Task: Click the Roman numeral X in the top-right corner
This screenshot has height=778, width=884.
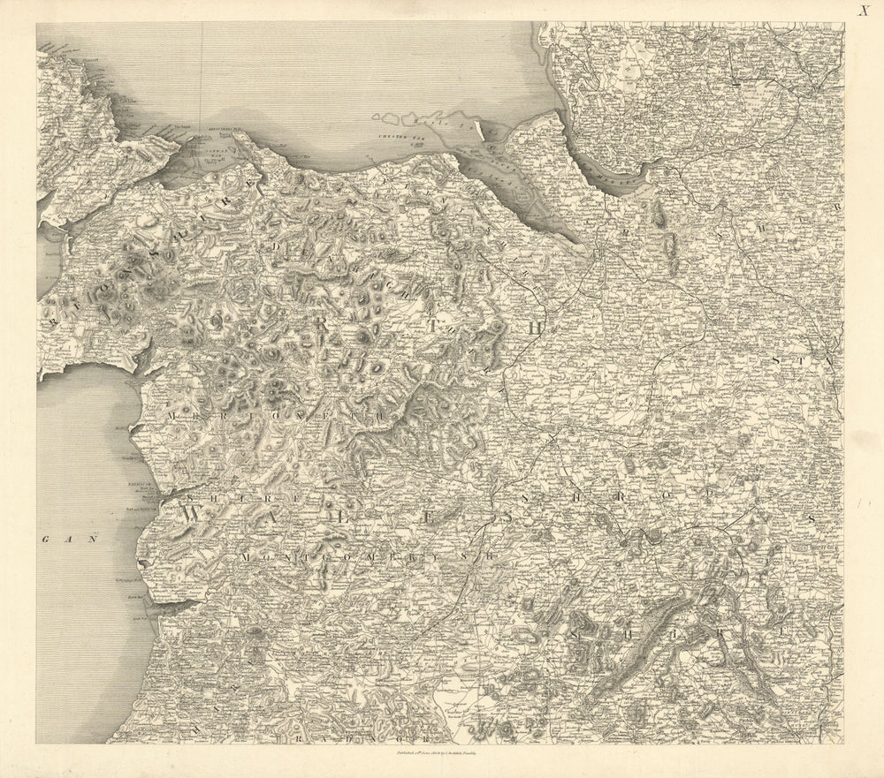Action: pyautogui.click(x=863, y=11)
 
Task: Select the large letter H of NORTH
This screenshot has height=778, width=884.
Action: pyautogui.click(x=532, y=327)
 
